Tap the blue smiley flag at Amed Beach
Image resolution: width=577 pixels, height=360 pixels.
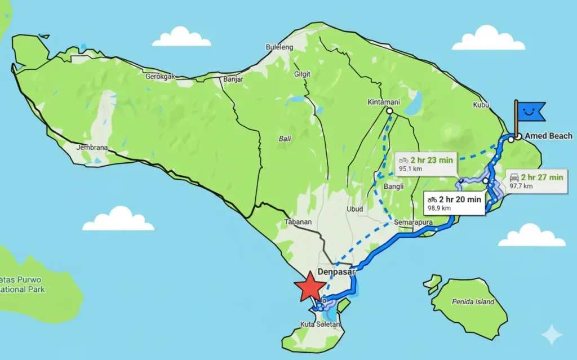coord(531,111)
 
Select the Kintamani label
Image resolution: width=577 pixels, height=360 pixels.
coord(383,102)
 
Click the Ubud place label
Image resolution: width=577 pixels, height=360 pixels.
coord(354,209)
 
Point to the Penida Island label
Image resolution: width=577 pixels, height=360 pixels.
coord(473,301)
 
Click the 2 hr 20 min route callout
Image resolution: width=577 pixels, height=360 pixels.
coord(454,203)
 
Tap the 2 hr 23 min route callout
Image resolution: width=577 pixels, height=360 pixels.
coord(425,164)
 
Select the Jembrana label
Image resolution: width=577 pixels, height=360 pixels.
coord(92,148)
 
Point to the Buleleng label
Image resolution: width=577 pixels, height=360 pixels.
coord(279,47)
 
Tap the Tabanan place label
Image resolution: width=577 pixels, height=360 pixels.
coord(298,222)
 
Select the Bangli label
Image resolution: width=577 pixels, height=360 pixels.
coord(394,186)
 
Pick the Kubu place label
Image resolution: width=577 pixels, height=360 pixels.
coord(480,105)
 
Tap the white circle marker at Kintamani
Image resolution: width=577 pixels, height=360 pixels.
coord(389,112)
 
